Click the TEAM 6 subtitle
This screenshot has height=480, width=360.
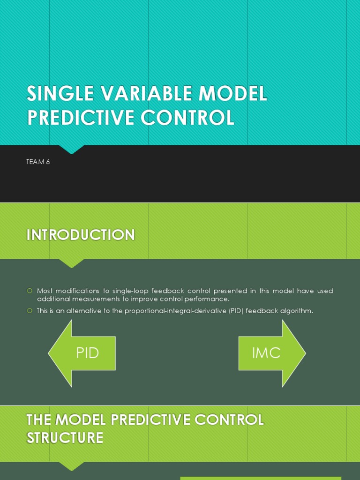pyautogui.click(x=38, y=162)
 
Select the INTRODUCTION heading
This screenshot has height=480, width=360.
pyautogui.click(x=81, y=235)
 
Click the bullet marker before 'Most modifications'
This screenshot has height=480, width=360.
pyautogui.click(x=30, y=291)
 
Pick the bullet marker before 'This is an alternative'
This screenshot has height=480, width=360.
pyautogui.click(x=30, y=310)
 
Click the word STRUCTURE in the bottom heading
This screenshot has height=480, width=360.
pyautogui.click(x=65, y=438)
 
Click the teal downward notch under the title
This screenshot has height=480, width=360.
pyautogui.click(x=72, y=149)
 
